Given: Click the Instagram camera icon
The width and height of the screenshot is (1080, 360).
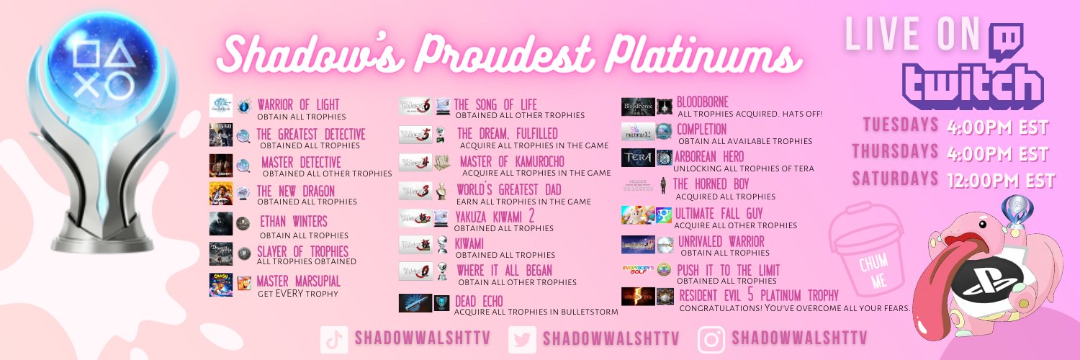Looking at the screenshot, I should (x=711, y=339).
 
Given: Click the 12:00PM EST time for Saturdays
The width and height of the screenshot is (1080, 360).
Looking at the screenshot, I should (x=1002, y=180).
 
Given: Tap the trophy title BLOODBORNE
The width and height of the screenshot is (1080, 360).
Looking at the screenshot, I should (x=703, y=102).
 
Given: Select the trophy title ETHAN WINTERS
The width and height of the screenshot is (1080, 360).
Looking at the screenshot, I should (x=293, y=221).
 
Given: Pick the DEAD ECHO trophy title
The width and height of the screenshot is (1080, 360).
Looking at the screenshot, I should (x=478, y=300).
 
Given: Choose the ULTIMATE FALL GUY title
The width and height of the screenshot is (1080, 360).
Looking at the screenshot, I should (x=719, y=214).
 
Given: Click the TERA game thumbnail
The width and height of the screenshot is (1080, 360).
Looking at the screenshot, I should (x=637, y=158).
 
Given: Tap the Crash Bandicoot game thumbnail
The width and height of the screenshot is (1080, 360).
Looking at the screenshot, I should (x=220, y=284).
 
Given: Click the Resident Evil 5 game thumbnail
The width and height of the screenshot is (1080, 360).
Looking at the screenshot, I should (x=638, y=296).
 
